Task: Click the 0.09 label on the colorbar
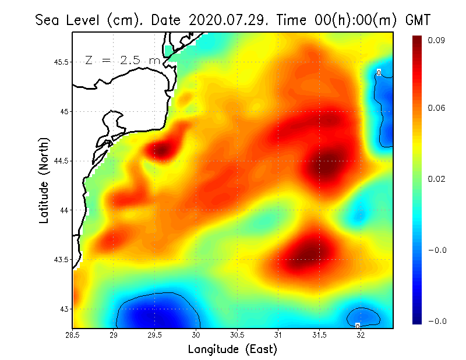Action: [x=438, y=40]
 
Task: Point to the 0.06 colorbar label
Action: [x=438, y=108]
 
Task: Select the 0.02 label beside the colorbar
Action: [x=438, y=179]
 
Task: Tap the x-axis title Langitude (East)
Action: [x=232, y=350]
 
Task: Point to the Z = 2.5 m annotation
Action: [x=122, y=60]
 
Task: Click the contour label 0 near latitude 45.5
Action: [x=379, y=73]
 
